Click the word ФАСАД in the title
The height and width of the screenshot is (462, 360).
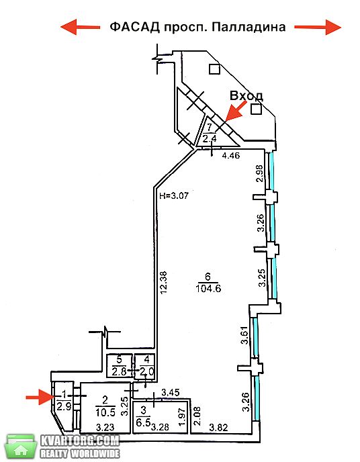coord(134,27)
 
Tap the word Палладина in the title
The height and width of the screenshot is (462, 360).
coord(249,28)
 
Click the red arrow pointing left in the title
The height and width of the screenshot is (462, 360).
coord(81,27)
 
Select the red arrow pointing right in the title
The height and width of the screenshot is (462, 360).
coord(318,27)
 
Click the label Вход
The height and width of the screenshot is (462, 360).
coord(246,96)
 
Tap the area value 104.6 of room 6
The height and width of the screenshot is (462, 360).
coord(208,288)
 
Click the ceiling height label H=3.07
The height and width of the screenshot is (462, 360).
coord(174,195)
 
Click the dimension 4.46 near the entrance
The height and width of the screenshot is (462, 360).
coord(230,155)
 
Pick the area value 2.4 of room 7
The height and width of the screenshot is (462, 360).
coord(210,138)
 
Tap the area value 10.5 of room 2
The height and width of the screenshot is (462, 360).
coord(105,412)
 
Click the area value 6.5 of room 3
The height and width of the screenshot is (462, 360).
coord(143,422)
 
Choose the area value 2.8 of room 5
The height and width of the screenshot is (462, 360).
coord(119,371)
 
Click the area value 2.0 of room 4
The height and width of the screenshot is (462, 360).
coord(147,371)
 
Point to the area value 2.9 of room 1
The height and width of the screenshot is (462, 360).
coord(64,407)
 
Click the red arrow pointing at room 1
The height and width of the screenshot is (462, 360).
coord(40,397)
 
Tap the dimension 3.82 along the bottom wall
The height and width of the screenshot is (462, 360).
coord(218,427)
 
